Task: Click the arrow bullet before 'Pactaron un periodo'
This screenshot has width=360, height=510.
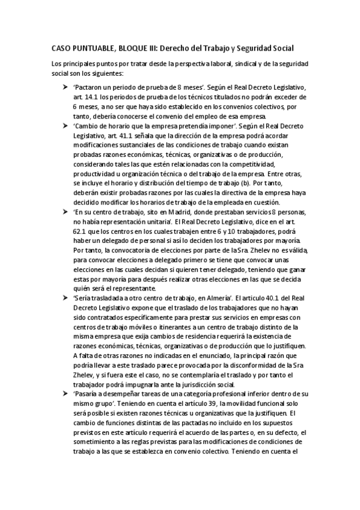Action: [66, 87]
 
